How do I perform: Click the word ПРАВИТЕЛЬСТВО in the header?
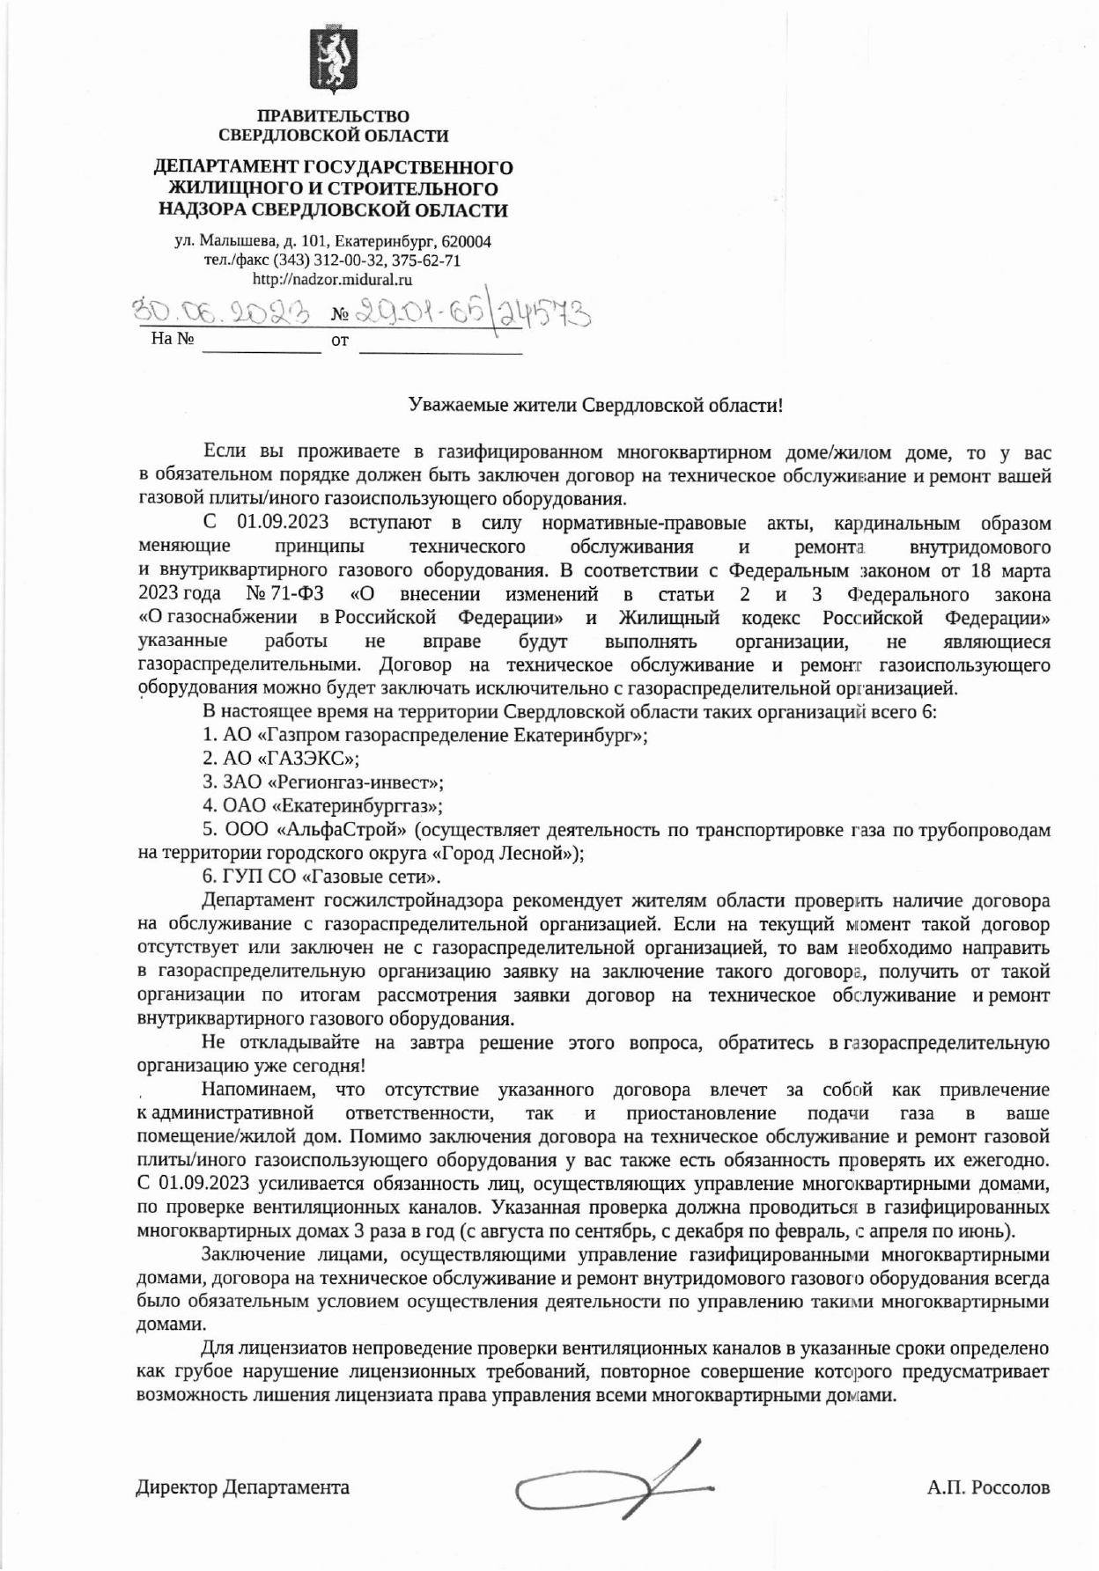[333, 116]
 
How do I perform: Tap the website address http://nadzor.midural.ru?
[333, 280]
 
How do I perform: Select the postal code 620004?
[464, 241]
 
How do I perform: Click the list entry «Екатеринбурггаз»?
[357, 805]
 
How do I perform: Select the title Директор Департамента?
[243, 1487]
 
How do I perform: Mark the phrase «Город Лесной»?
[505, 853]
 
